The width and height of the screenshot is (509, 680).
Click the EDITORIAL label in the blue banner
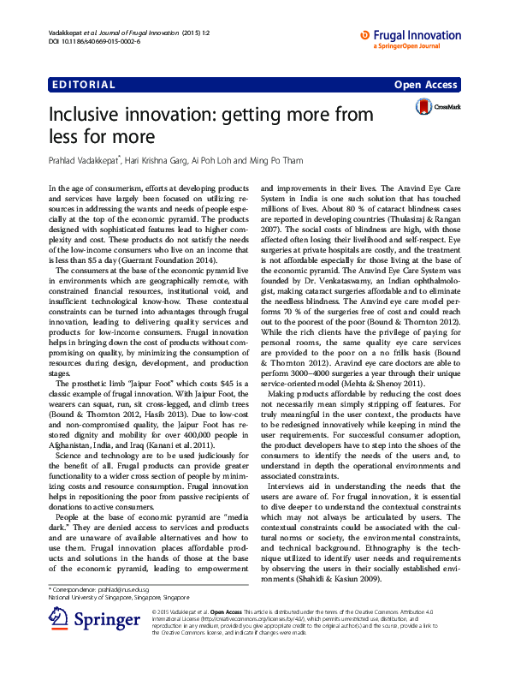click(x=84, y=85)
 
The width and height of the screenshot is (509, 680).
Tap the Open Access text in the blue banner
click(x=425, y=85)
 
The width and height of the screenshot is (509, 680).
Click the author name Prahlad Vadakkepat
click(x=85, y=159)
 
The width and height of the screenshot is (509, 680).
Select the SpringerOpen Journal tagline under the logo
click(x=411, y=46)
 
